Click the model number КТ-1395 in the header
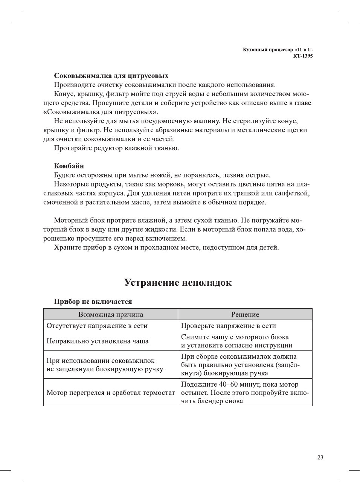(x=303, y=56)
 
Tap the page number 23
(x=320, y=457)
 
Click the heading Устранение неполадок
(x=178, y=283)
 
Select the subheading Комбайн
(x=69, y=166)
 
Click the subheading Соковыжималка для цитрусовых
(x=111, y=76)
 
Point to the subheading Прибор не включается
(x=93, y=302)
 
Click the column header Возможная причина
(x=110, y=314)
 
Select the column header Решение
(x=245, y=314)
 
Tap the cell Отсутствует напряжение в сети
(x=97, y=326)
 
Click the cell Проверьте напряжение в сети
(x=228, y=326)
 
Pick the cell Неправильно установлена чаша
(x=97, y=341)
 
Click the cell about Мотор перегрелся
(x=110, y=393)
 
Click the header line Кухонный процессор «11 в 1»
(x=278, y=50)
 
